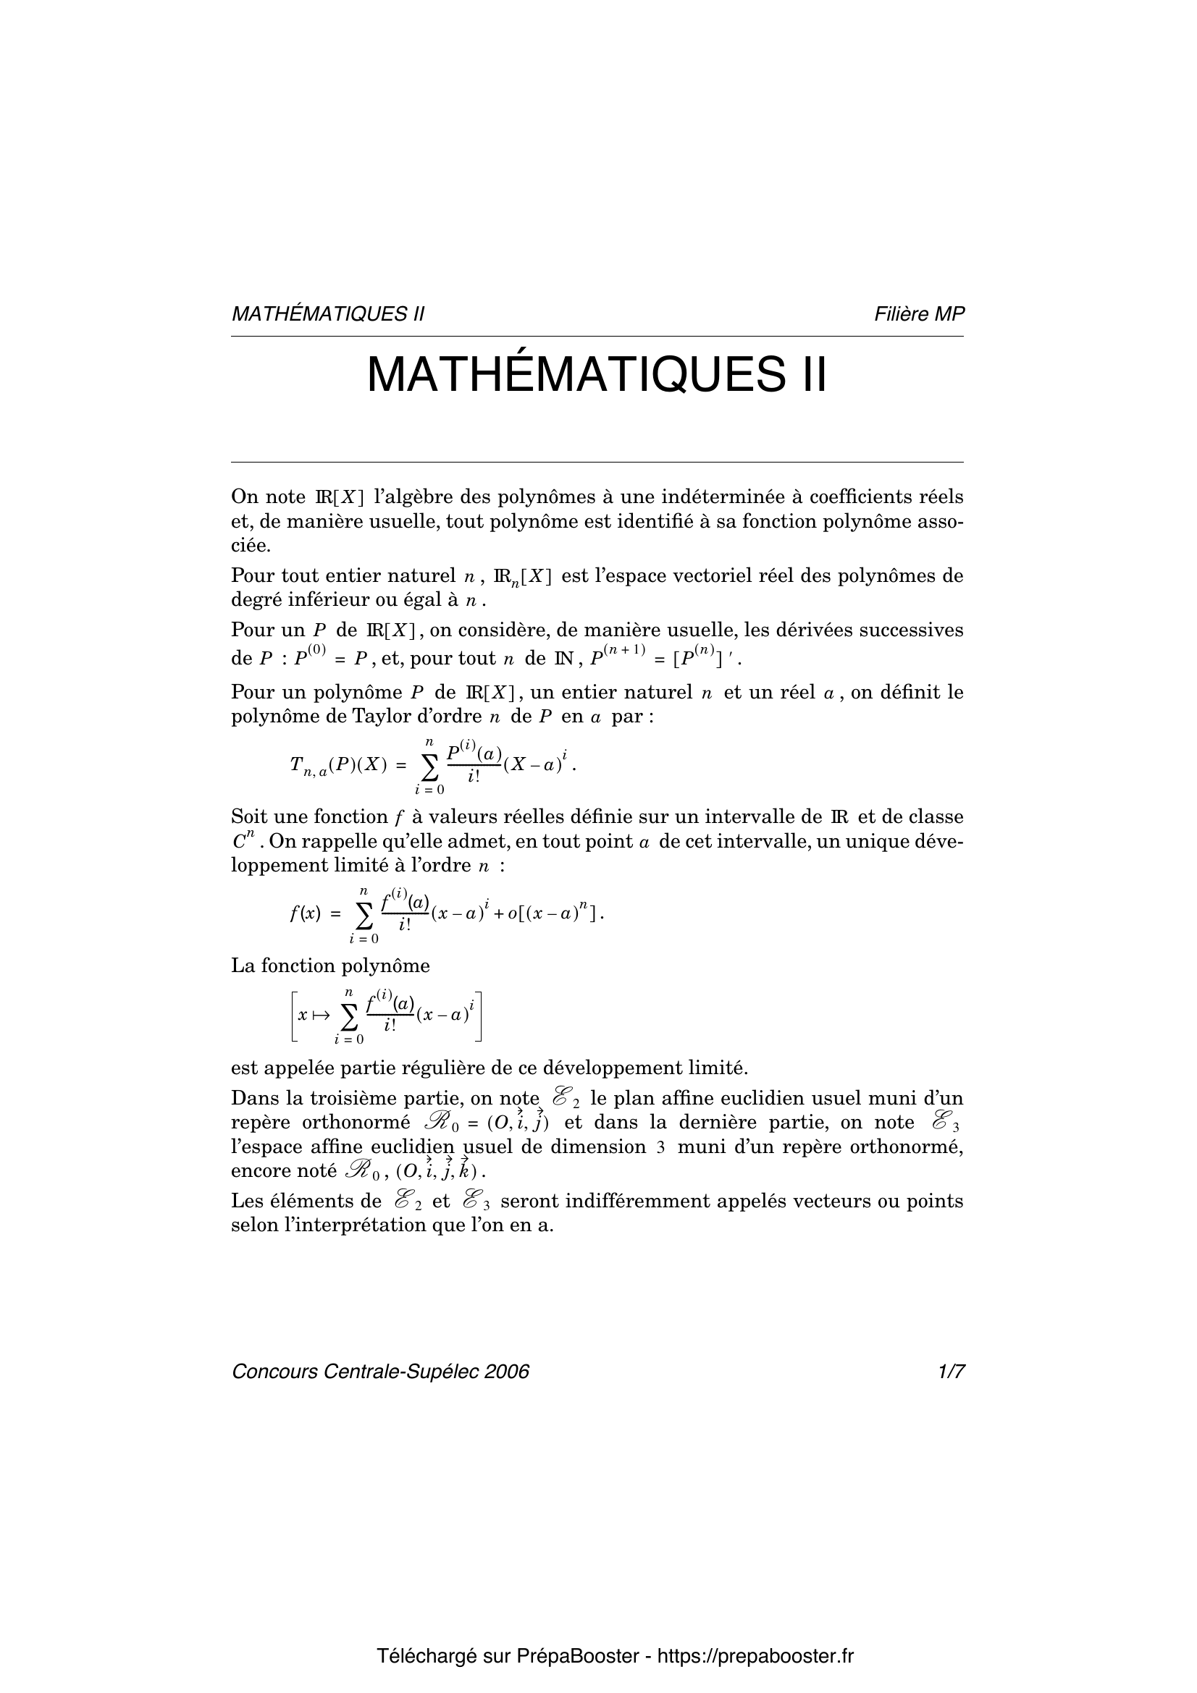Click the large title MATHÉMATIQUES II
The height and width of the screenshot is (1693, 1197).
coord(597,376)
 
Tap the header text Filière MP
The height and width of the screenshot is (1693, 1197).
coord(919,314)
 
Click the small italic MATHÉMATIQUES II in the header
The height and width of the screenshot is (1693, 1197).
coord(328,314)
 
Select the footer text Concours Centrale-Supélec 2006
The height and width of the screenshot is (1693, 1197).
coord(381,1372)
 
